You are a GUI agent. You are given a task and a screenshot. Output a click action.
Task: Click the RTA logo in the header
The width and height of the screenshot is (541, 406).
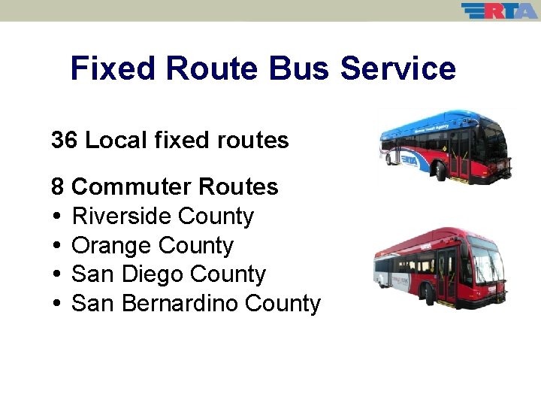tap(499, 11)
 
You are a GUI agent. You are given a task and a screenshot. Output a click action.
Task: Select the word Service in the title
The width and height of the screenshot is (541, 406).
tap(397, 68)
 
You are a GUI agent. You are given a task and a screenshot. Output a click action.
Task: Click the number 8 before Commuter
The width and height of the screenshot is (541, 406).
tap(58, 186)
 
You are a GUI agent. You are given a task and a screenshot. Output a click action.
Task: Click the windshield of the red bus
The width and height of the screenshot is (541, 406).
tap(485, 259)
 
